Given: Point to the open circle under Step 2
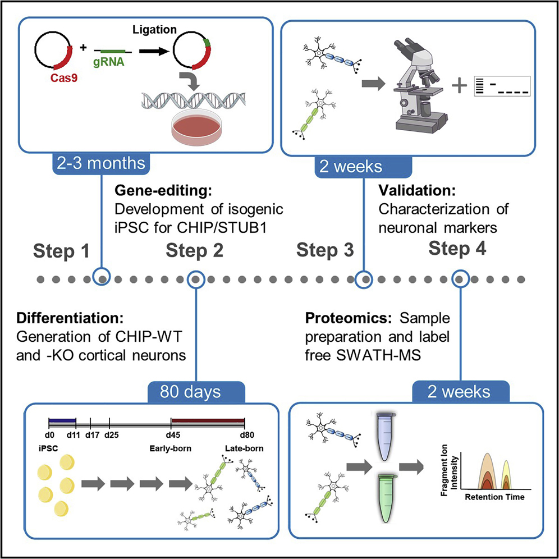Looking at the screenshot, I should pos(194,278).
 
